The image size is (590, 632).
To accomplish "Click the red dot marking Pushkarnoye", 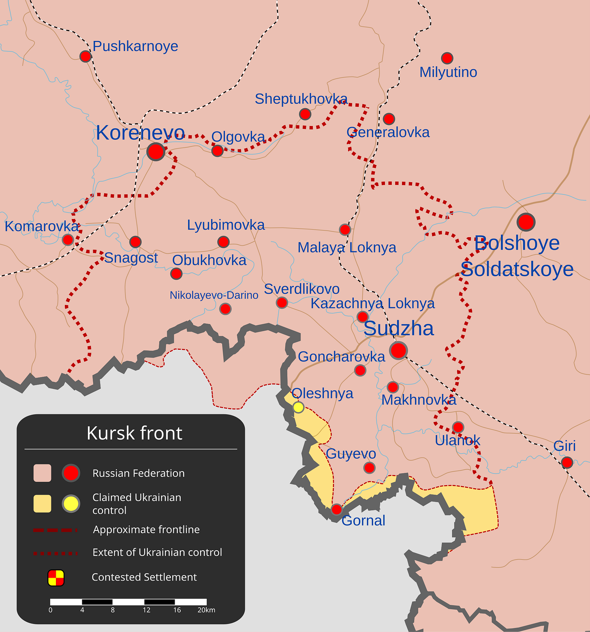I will point(85,56).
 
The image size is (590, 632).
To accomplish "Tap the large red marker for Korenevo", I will point(156,151).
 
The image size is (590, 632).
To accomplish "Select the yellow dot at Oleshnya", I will point(298,407).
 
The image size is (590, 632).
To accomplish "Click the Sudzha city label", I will point(398,328).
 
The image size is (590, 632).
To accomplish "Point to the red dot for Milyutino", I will point(447,58).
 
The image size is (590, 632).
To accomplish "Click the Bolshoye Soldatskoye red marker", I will point(526,222).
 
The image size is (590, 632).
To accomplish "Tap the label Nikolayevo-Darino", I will point(214,295).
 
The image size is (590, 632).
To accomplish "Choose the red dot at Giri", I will point(567,462).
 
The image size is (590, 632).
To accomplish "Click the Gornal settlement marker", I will point(336,509).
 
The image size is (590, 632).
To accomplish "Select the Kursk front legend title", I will point(134,433).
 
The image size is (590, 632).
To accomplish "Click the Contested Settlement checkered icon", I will point(56,577).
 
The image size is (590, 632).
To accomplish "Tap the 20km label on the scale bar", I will point(206,610).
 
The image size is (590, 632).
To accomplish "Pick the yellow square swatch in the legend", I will point(42,503).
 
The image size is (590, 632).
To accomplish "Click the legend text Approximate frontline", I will point(146,529).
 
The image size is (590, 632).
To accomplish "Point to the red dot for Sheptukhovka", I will point(305,114).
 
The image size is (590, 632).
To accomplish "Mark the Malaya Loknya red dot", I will point(344,230).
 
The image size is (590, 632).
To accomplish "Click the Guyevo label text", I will point(351,453).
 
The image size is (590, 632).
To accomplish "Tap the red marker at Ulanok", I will point(458,427).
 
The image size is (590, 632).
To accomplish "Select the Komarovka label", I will point(42,226).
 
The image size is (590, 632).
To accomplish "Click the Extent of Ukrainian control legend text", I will point(157,552).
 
